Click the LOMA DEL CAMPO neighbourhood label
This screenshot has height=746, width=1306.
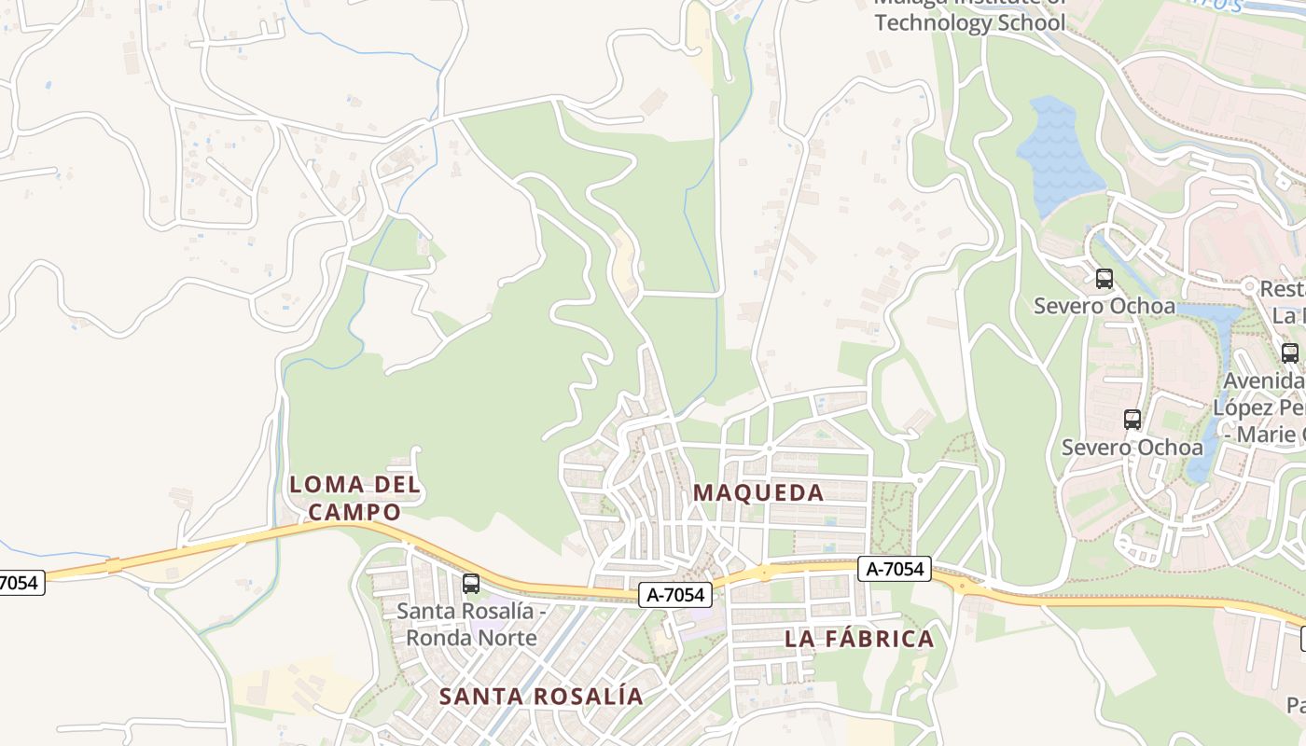click(x=354, y=498)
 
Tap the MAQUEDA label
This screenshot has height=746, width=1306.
click(x=758, y=492)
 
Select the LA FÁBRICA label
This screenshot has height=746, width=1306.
click(x=859, y=639)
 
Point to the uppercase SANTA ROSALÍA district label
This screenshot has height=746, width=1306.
click(x=541, y=696)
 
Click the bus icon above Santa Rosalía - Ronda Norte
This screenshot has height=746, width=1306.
click(x=471, y=584)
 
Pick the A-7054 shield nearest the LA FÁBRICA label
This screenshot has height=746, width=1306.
click(x=895, y=568)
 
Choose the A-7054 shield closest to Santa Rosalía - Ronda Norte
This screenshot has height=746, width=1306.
click(x=675, y=594)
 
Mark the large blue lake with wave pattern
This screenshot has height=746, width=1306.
click(x=1059, y=154)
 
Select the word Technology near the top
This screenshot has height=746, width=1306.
click(x=931, y=23)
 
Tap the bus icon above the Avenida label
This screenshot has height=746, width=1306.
click(x=1290, y=353)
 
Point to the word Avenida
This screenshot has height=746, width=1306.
click(x=1263, y=381)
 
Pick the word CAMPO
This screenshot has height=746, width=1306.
click(x=354, y=512)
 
